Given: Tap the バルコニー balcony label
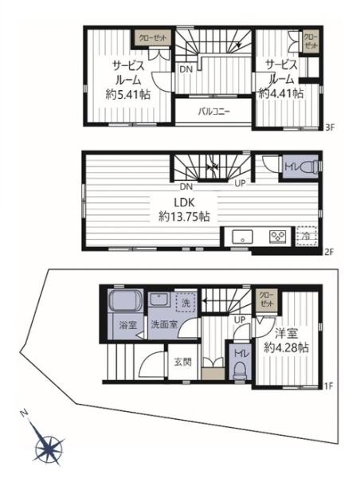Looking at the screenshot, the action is click(213, 112).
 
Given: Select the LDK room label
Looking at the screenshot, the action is click(185, 202).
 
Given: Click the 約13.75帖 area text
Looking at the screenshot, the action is click(184, 217).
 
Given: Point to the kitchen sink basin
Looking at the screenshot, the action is click(242, 237).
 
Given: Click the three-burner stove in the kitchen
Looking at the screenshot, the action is click(278, 237).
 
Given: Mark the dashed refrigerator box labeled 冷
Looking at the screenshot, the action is click(306, 236).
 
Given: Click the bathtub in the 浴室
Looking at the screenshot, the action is click(126, 300).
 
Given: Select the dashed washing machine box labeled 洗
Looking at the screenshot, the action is click(186, 303).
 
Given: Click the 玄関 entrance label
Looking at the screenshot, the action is click(183, 362).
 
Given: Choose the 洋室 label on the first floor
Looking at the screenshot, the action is click(286, 334).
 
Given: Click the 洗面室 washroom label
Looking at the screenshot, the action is click(164, 325).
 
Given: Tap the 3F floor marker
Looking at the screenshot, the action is click(330, 128).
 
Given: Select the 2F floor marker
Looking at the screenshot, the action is click(330, 252).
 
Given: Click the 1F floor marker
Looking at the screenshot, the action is click(330, 387).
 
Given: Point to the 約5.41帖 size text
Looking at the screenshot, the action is click(128, 95).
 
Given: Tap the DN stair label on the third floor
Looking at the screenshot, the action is click(186, 69).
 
